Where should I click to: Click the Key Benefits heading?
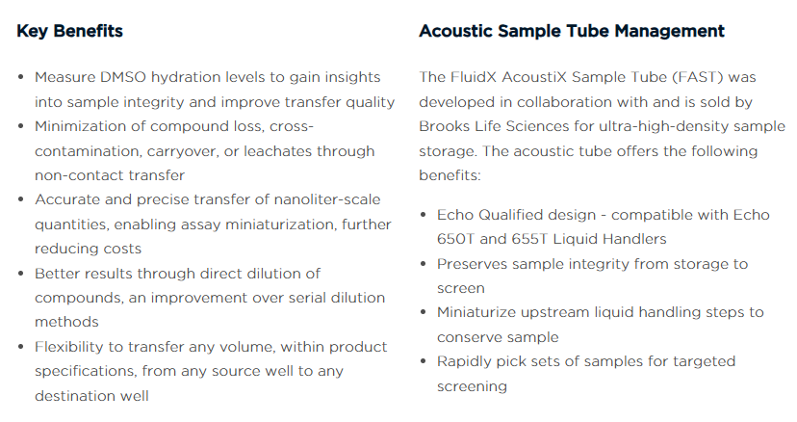[x=69, y=31]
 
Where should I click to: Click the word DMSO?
[x=123, y=77]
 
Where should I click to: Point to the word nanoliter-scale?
[x=327, y=199]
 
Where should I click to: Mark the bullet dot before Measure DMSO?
[x=21, y=77]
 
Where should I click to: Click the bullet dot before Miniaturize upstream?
[x=423, y=312]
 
